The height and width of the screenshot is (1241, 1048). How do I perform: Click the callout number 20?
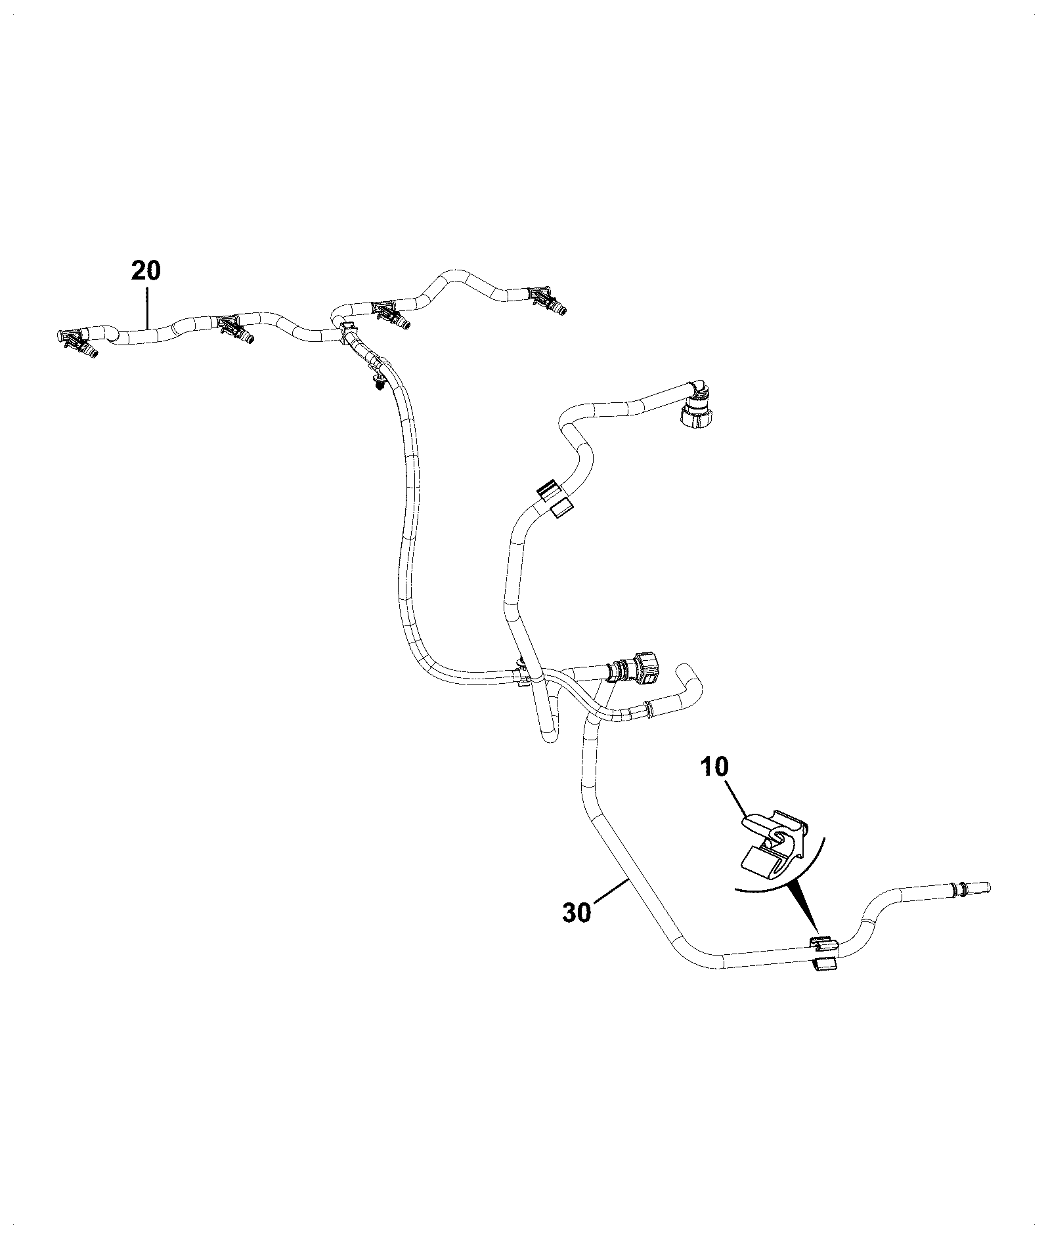pyautogui.click(x=146, y=270)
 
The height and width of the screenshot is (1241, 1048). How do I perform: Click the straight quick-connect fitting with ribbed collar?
pyautogui.click(x=636, y=671)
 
